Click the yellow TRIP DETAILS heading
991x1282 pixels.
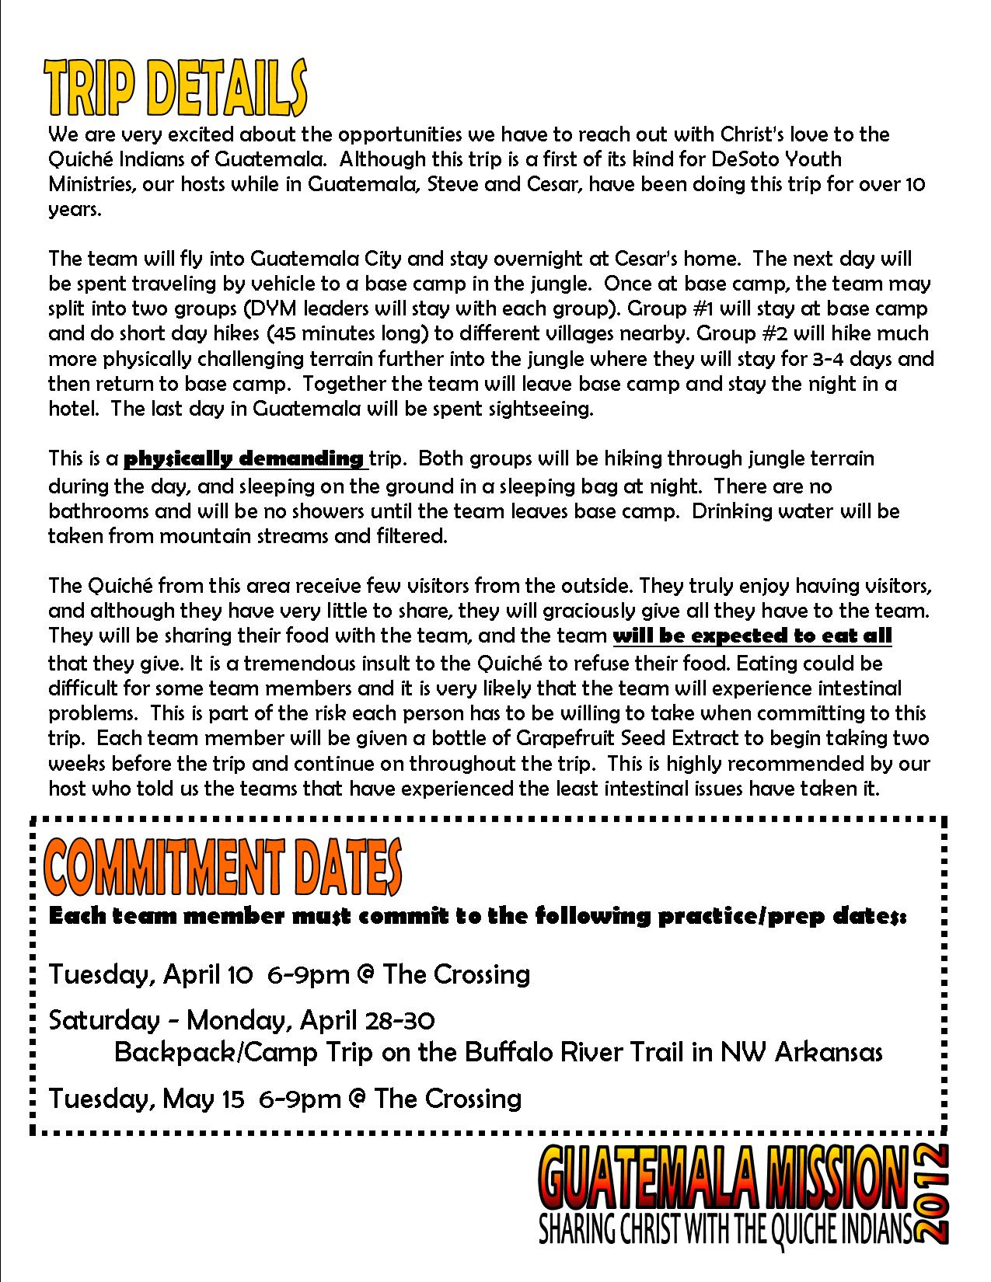click(x=176, y=92)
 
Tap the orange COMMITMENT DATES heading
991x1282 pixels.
click(x=224, y=868)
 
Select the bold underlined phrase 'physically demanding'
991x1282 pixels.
click(x=244, y=458)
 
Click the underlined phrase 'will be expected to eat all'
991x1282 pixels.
click(x=752, y=636)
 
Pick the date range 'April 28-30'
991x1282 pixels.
click(x=362, y=1019)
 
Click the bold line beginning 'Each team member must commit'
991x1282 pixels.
click(x=476, y=916)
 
